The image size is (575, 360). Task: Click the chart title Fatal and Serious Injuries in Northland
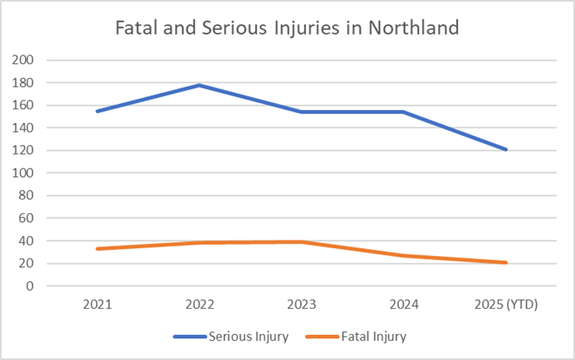pyautogui.click(x=287, y=28)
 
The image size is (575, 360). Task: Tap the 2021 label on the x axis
pyautogui.click(x=97, y=304)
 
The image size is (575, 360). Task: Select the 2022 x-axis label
pyautogui.click(x=199, y=304)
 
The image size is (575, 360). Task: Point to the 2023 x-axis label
pyautogui.click(x=302, y=304)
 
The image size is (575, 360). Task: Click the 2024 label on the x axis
pyautogui.click(x=404, y=304)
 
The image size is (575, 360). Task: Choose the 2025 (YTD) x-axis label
pyautogui.click(x=506, y=304)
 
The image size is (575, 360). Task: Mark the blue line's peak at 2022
pyautogui.click(x=199, y=85)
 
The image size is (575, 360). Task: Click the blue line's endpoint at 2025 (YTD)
pyautogui.click(x=506, y=149)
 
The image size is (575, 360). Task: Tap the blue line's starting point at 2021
pyautogui.click(x=97, y=111)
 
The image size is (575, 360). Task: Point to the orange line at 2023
pyautogui.click(x=302, y=242)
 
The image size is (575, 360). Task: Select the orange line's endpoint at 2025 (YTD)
pyautogui.click(x=506, y=262)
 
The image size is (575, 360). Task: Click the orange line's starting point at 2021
pyautogui.click(x=97, y=249)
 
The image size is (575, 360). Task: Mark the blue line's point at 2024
pyautogui.click(x=404, y=112)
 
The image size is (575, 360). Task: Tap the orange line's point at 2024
pyautogui.click(x=404, y=255)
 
